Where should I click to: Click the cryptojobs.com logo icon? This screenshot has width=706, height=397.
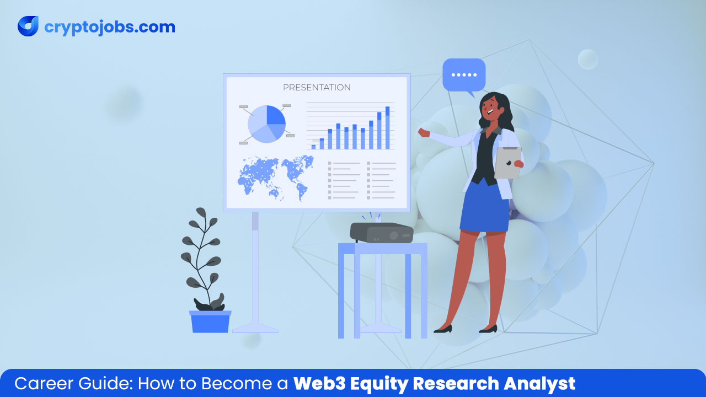click(28, 26)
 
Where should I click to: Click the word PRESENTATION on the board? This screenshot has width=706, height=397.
click(317, 87)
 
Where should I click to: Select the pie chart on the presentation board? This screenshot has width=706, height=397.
click(266, 124)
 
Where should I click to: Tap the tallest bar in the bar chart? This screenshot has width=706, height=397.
click(387, 128)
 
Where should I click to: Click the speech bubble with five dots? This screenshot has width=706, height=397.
click(464, 76)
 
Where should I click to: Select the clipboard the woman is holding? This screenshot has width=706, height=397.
click(507, 162)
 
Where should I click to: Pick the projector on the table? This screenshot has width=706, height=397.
click(382, 233)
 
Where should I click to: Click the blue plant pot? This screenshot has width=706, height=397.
click(210, 321)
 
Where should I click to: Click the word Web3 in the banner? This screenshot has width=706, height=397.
click(316, 384)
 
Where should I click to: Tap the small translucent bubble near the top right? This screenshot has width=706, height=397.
click(587, 59)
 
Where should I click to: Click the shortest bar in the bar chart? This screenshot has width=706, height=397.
click(313, 147)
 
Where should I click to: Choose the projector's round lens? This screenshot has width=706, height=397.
click(394, 235)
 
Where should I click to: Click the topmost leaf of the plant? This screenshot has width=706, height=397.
click(201, 213)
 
